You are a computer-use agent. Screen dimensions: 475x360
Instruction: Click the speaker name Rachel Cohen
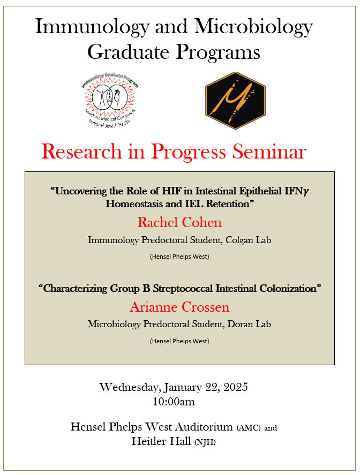(x=179, y=222)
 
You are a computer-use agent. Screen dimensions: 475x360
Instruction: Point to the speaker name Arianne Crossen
(x=179, y=307)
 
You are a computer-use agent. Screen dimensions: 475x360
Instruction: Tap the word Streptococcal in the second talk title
(x=184, y=288)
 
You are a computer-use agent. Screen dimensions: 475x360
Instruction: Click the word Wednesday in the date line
(x=129, y=387)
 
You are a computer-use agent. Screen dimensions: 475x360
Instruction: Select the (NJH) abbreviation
(x=205, y=442)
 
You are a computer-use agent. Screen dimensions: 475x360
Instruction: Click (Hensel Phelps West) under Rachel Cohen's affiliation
(x=179, y=257)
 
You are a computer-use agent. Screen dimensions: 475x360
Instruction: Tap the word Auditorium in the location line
(x=199, y=427)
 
